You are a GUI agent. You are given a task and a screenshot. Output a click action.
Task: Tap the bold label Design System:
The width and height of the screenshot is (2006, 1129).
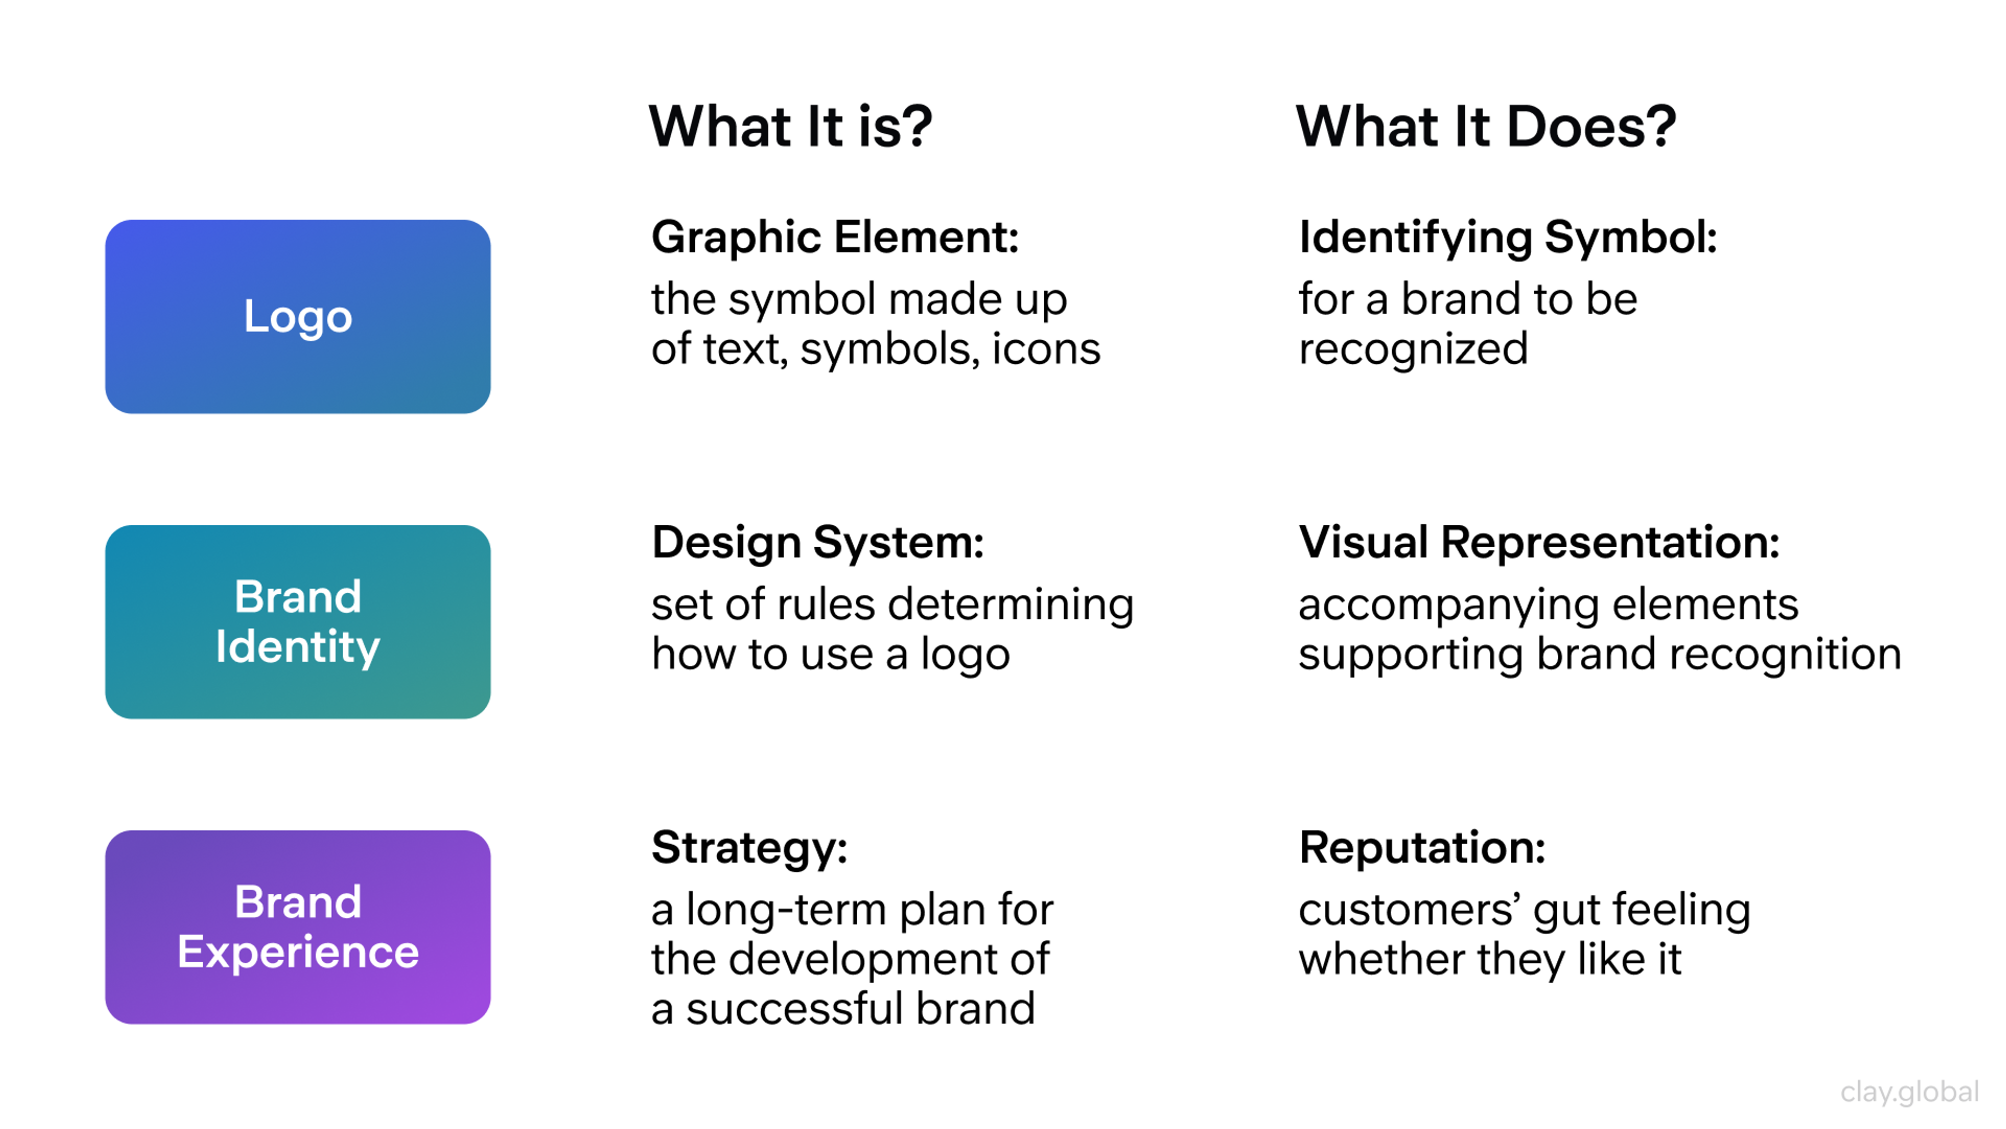(x=818, y=543)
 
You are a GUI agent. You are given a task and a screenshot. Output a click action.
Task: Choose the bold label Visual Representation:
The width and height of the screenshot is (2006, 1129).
(x=1539, y=543)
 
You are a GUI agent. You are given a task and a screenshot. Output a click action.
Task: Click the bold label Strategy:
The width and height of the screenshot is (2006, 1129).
(x=749, y=848)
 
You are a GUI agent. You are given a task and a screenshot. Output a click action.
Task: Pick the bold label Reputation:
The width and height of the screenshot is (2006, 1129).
(x=1422, y=848)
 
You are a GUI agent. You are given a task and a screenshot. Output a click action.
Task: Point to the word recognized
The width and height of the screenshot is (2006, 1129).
(x=1413, y=349)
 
